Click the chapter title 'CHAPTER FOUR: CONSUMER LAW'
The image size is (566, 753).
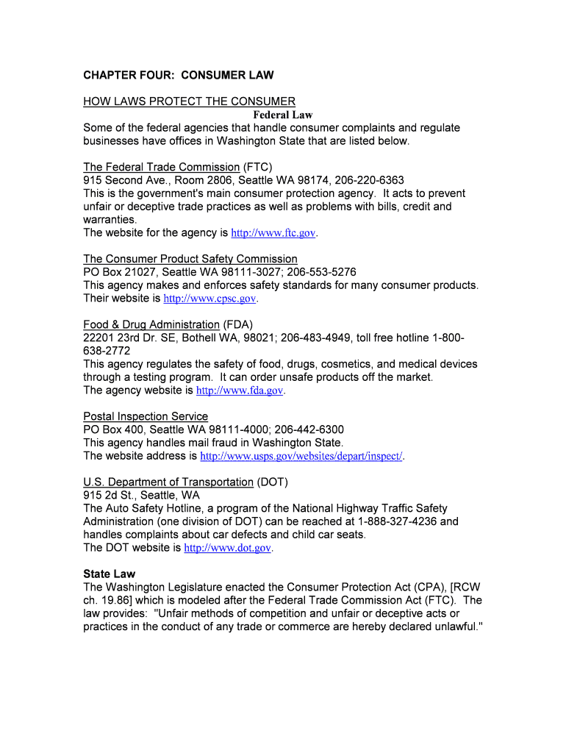178,75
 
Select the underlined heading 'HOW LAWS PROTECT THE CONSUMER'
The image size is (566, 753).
189,101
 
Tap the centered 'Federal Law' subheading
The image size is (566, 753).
283,115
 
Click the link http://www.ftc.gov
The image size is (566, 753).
273,233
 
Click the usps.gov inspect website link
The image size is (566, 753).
301,456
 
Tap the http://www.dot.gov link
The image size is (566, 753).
228,548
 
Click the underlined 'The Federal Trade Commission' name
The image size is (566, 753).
162,167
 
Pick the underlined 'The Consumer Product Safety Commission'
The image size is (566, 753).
190,259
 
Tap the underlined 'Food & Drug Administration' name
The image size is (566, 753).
151,324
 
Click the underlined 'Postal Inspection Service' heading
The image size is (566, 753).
146,416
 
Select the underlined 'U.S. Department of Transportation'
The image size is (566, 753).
168,482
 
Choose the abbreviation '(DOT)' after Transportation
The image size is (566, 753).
273,482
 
